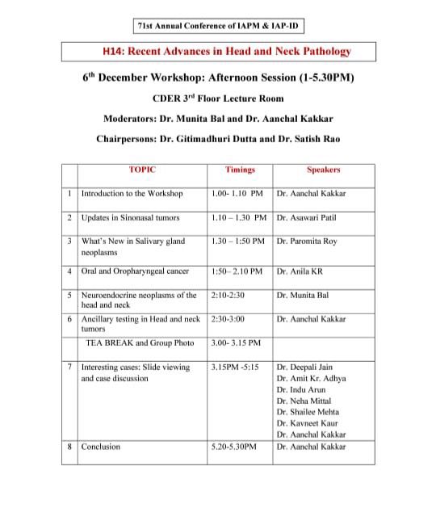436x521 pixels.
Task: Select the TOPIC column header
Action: coord(142,170)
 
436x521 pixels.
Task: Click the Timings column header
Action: coord(240,170)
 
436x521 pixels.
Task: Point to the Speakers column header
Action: coord(323,170)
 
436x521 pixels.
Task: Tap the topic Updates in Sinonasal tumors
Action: coord(130,218)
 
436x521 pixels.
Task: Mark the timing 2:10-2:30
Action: coord(228,296)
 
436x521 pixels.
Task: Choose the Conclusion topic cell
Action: coord(101,447)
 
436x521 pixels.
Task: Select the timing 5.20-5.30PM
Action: coord(233,447)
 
